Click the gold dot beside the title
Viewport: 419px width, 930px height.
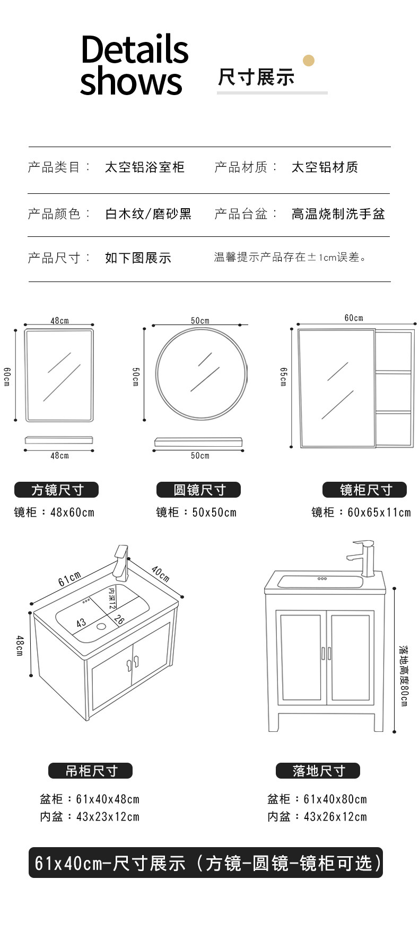pos(308,61)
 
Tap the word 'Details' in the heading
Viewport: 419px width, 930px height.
pos(135,49)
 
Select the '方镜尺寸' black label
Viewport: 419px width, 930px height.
pos(56,490)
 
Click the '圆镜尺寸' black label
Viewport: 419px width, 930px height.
pos(198,490)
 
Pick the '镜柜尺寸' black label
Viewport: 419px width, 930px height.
pos(364,490)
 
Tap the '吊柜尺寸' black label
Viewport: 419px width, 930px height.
pos(90,771)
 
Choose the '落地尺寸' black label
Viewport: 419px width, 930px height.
pos(318,771)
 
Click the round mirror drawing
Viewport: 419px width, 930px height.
pos(201,373)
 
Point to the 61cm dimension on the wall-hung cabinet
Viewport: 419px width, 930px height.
pos(69,579)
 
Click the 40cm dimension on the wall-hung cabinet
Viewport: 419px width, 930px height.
pos(160,574)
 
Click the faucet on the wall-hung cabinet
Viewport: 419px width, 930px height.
pos(121,562)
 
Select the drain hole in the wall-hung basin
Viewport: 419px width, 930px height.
pos(101,626)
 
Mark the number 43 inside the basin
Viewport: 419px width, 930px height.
pos(81,623)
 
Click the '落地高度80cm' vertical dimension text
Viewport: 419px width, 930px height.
pos(404,676)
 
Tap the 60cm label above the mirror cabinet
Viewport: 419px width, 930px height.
pos(354,318)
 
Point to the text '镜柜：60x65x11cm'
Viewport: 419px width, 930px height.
pos(361,513)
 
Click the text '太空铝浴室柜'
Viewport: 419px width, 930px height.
pos(144,167)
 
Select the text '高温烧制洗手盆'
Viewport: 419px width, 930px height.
pos(338,214)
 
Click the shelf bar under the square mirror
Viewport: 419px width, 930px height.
pos(59,440)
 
